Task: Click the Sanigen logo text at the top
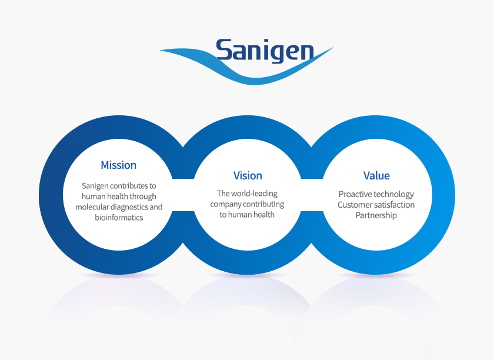click(x=264, y=51)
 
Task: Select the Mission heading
click(x=118, y=165)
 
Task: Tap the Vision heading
click(x=248, y=176)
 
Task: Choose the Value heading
click(x=376, y=176)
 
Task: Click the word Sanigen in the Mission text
click(x=95, y=186)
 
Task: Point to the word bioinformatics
click(x=119, y=218)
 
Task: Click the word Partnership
click(x=376, y=215)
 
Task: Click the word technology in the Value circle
click(x=393, y=194)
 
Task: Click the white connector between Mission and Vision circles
click(x=183, y=194)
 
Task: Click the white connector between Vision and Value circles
click(x=312, y=194)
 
